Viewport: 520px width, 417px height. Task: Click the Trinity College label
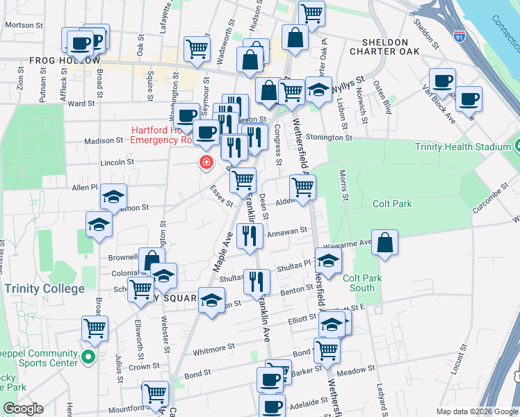[44, 288]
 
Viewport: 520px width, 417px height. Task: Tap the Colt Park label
[392, 204]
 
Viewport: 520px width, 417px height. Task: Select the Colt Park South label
[363, 283]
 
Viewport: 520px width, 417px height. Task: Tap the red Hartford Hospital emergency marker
[206, 163]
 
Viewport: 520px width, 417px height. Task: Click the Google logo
[22, 409]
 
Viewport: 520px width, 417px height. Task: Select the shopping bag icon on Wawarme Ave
[384, 243]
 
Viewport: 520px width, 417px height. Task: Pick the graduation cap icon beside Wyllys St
[318, 91]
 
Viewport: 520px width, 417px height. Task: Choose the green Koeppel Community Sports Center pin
[88, 357]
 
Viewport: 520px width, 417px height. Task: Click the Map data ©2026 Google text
[476, 411]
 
